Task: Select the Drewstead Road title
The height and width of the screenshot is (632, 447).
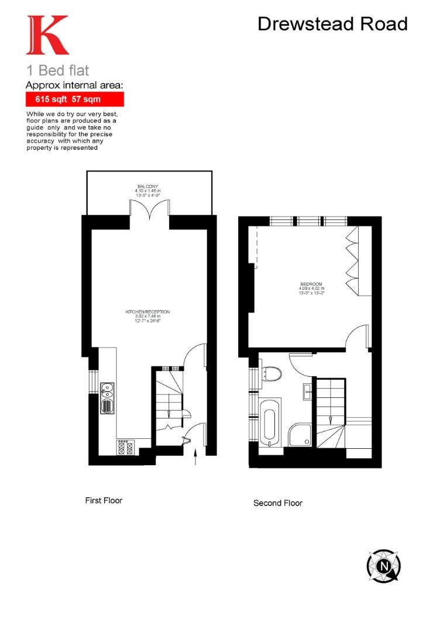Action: pyautogui.click(x=332, y=24)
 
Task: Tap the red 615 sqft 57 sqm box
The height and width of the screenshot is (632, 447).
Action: pyautogui.click(x=74, y=99)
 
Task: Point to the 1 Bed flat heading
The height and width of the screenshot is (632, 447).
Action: pyautogui.click(x=58, y=71)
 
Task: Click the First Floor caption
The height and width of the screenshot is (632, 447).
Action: pyautogui.click(x=104, y=500)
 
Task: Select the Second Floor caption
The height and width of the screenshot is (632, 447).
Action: pyautogui.click(x=278, y=503)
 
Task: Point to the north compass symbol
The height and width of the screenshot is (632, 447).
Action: pyautogui.click(x=384, y=566)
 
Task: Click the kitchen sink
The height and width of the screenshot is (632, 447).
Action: pyautogui.click(x=108, y=398)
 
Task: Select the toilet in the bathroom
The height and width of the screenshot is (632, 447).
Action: pyautogui.click(x=271, y=373)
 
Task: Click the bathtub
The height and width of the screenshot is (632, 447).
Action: pyautogui.click(x=270, y=424)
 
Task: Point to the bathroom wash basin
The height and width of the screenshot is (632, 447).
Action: pyautogui.click(x=308, y=391)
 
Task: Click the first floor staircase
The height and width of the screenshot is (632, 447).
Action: pyautogui.click(x=168, y=404)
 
